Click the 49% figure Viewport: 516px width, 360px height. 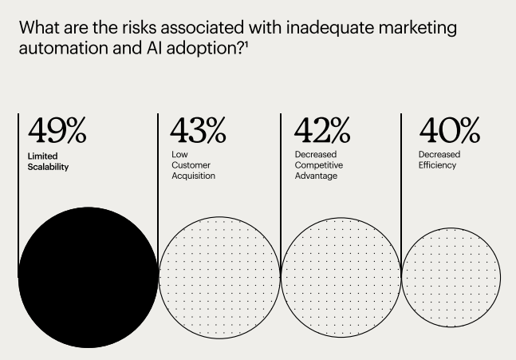point(57,130)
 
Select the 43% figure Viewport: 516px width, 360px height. point(198,130)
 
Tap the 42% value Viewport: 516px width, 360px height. point(322,130)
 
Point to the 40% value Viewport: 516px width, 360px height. point(449,130)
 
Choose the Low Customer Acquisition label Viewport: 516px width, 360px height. point(193,164)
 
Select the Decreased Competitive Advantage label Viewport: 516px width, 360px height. point(316,164)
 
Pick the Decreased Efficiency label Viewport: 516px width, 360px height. point(439,160)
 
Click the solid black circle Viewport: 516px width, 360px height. point(88,277)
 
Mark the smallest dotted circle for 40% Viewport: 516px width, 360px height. point(451,277)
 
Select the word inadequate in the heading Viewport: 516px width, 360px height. point(311,28)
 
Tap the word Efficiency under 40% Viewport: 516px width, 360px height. point(437,165)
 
